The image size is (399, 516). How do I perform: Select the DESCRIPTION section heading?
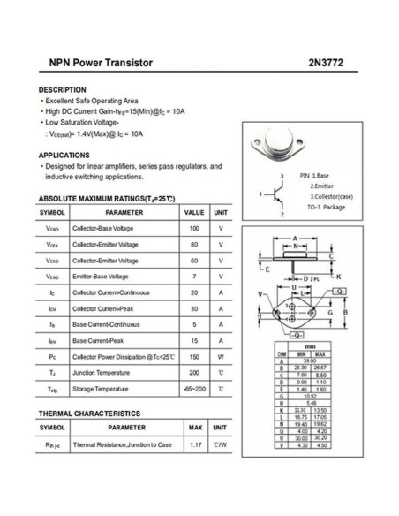tap(63, 90)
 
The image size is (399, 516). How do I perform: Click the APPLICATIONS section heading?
tap(64, 155)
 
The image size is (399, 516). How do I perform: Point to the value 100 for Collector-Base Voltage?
tap(193, 229)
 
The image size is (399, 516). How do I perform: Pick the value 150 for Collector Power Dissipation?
tap(193, 356)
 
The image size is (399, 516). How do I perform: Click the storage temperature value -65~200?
tap(193, 388)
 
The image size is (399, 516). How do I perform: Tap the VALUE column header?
tap(193, 213)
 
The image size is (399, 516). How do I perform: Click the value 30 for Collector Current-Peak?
tap(193, 308)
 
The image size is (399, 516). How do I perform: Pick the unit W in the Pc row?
tap(221, 356)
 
